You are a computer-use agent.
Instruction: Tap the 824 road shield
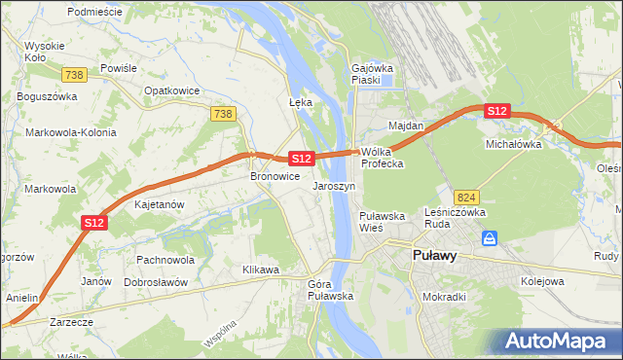coord(466,197)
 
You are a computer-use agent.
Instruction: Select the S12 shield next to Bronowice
coord(301,158)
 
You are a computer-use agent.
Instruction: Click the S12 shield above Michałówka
coord(497,111)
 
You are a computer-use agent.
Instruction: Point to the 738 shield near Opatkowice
coord(223,115)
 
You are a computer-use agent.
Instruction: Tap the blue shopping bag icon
coord(490,237)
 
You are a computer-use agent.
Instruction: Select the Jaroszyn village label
coord(334,185)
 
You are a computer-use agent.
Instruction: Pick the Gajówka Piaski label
coord(371,74)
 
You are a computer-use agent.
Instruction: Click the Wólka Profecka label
coord(383,158)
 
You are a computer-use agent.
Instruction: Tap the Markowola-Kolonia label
coord(71,132)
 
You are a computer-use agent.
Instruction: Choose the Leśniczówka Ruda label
coord(456,218)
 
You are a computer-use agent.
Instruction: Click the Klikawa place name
coord(261,269)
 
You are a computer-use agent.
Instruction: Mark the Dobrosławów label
coord(156,281)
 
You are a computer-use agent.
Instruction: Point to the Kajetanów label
coord(161,205)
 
